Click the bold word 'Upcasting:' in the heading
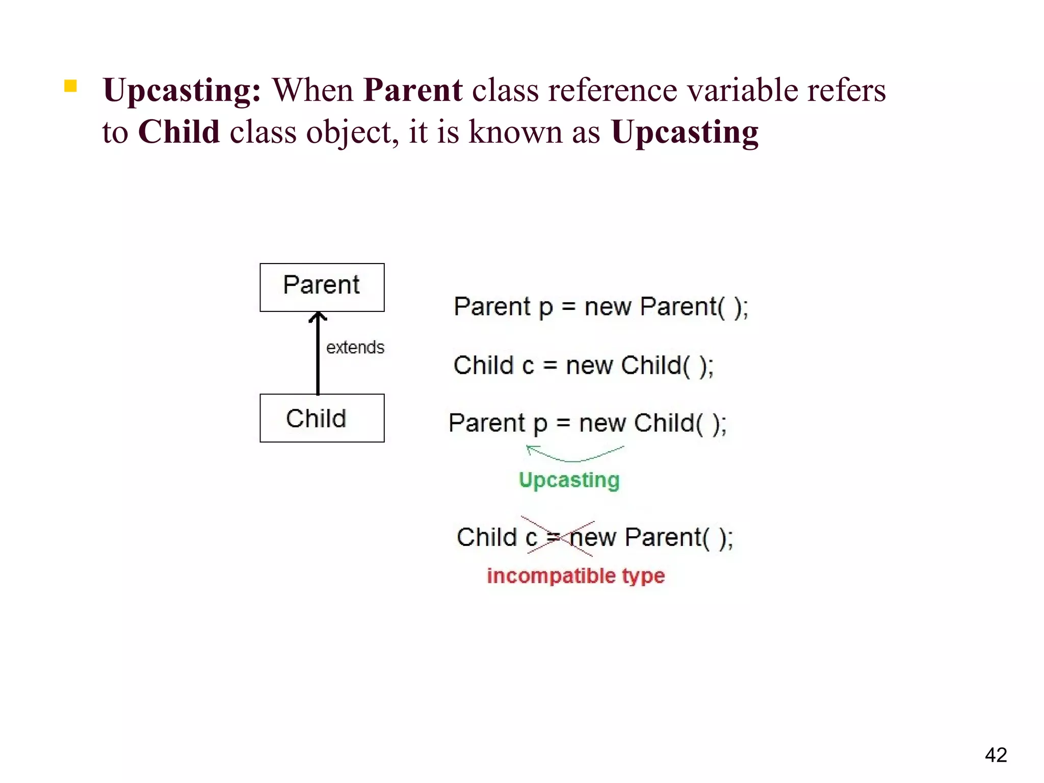[x=182, y=91]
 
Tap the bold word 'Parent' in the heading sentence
[x=413, y=90]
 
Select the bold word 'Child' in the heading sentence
[x=179, y=132]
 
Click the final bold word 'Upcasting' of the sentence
[x=685, y=133]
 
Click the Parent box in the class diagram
[x=322, y=287]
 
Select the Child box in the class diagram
[x=322, y=418]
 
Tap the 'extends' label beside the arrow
[x=355, y=348]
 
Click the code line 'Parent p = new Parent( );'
[x=601, y=307]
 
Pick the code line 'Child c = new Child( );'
[x=583, y=366]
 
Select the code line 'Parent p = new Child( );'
[x=587, y=423]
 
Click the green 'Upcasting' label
[x=569, y=480]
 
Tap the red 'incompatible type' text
[x=576, y=576]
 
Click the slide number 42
[x=996, y=755]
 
